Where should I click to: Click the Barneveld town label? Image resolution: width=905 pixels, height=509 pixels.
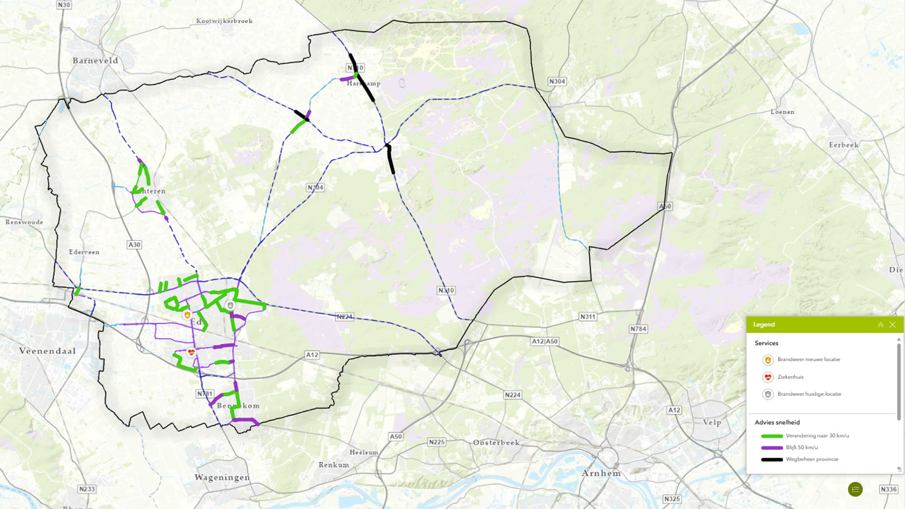(95, 60)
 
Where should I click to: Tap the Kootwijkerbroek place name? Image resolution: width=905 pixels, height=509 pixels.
(224, 21)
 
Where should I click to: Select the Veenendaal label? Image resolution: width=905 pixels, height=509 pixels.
(47, 351)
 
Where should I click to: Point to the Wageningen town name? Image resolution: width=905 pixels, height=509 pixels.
(222, 477)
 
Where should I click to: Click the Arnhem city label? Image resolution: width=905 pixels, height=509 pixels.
(601, 473)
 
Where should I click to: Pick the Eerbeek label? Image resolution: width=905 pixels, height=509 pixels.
(844, 145)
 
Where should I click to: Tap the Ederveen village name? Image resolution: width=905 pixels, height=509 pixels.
(84, 252)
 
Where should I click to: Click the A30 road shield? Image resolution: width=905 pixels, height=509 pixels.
(134, 245)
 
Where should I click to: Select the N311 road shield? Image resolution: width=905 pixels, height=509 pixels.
(588, 317)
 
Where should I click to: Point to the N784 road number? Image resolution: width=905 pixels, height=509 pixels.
(638, 329)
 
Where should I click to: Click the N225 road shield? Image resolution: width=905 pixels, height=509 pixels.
(436, 442)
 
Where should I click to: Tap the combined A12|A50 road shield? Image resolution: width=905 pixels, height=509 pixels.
(545, 341)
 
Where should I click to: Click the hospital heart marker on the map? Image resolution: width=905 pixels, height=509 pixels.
(191, 353)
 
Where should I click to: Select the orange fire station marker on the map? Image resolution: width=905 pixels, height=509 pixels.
(187, 315)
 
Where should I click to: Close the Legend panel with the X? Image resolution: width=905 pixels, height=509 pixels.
(892, 325)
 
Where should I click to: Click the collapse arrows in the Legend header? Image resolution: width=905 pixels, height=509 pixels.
(880, 325)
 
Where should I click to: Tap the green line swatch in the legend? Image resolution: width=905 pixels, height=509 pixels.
(772, 436)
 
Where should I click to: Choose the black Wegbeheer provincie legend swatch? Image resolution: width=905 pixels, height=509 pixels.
(772, 460)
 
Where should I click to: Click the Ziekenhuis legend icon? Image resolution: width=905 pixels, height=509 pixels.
(768, 377)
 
